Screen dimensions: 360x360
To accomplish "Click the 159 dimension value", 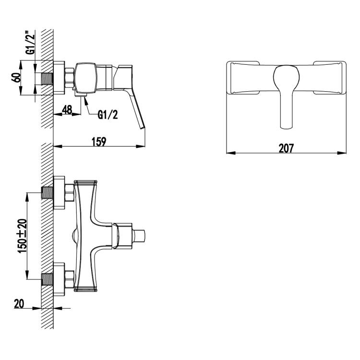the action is [x=99, y=142].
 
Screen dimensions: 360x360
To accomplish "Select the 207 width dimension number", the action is [x=286, y=148].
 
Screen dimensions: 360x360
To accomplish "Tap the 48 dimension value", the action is [x=67, y=110].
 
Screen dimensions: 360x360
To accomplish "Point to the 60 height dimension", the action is [x=16, y=77].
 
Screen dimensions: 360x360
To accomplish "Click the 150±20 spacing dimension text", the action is [x=22, y=236].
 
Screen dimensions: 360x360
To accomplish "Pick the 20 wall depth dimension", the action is [x=19, y=304].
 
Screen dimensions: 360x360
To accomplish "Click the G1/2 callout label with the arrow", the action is [x=108, y=115].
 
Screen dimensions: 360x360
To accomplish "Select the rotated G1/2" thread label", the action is [x=30, y=44].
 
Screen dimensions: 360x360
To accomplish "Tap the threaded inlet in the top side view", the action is [x=48, y=79].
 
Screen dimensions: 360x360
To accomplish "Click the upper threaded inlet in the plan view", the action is [x=48, y=192].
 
